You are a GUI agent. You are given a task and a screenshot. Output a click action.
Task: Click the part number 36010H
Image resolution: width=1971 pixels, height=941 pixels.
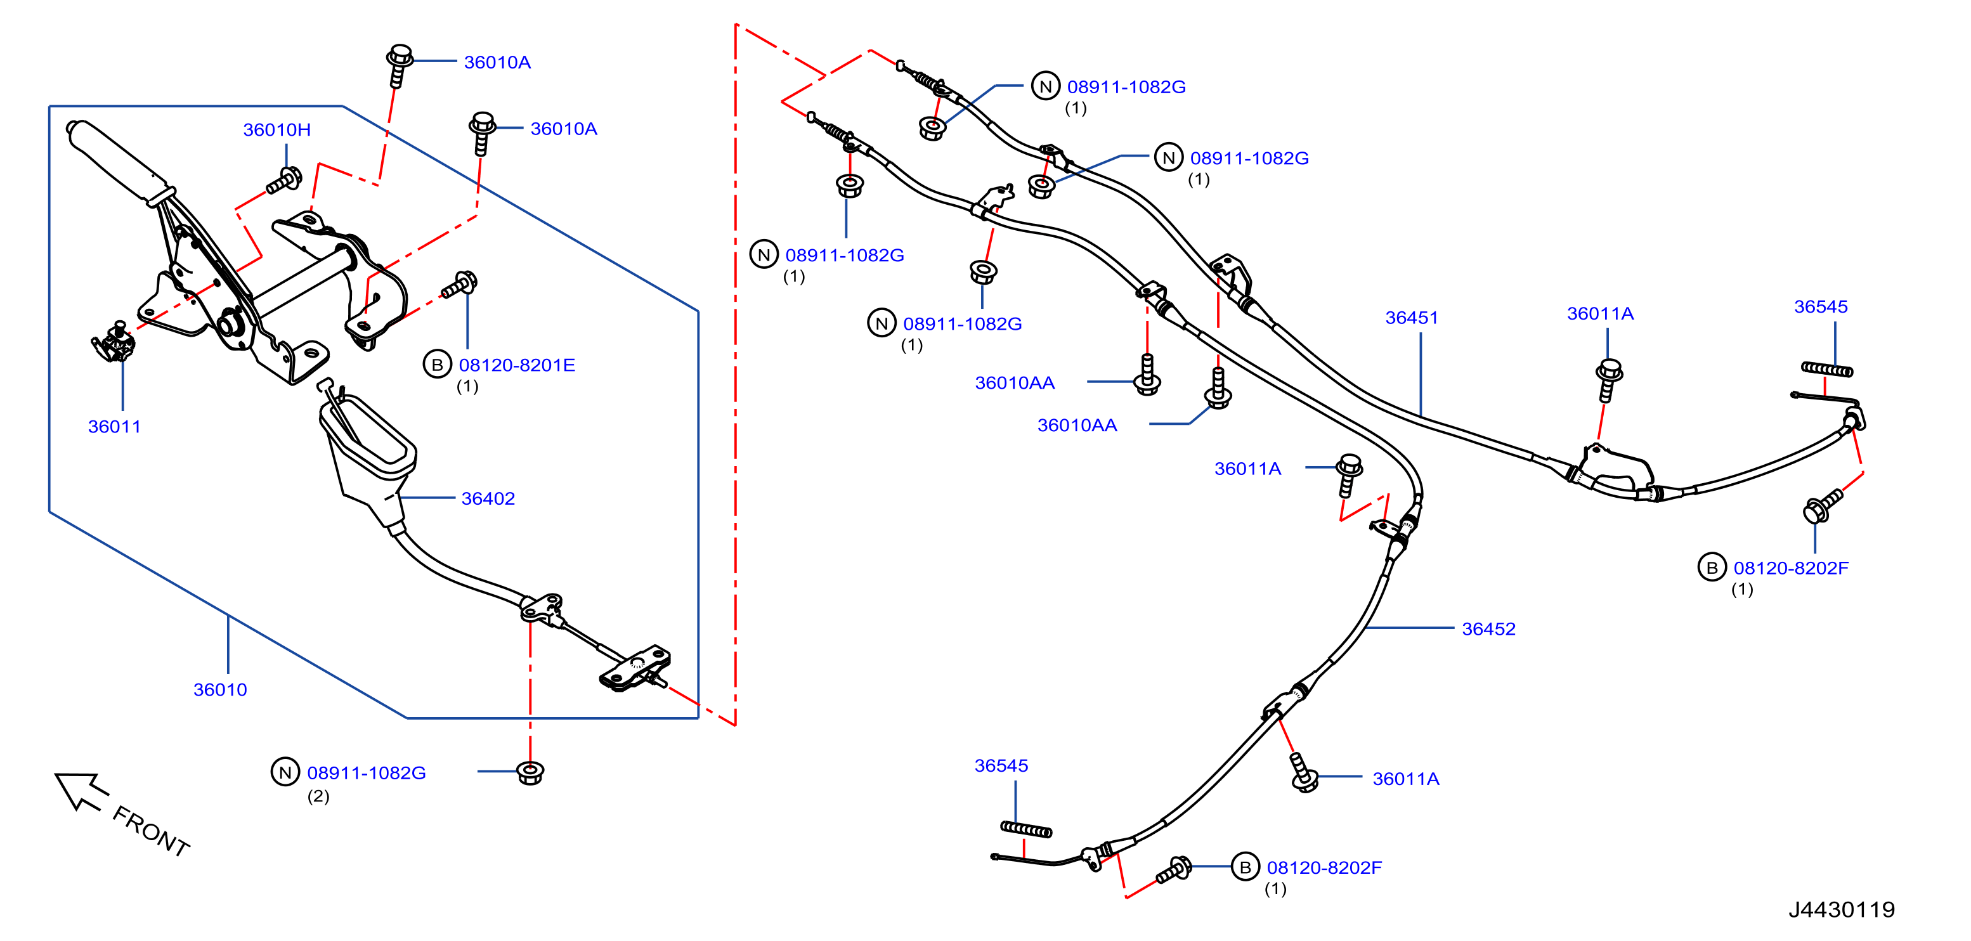(276, 130)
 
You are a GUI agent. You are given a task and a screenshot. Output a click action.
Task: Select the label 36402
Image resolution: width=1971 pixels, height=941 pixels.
(488, 499)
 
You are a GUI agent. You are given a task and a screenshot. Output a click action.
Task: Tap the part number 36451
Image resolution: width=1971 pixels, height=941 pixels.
(1411, 318)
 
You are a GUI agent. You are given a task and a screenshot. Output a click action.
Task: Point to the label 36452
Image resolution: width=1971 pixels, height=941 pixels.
(1488, 629)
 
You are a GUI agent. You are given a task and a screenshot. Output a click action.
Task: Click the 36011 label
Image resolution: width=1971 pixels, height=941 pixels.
(114, 427)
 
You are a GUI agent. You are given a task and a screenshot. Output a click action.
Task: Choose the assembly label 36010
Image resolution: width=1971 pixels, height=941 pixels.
(219, 690)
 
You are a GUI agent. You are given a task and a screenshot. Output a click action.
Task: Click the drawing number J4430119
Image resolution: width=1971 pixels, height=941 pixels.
(1841, 910)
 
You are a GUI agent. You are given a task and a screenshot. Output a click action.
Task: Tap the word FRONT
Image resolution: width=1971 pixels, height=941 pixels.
(151, 831)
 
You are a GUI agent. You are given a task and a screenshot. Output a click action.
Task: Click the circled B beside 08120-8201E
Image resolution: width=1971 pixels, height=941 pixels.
(437, 365)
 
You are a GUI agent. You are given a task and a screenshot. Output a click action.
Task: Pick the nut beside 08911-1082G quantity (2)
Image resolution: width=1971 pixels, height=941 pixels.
(530, 773)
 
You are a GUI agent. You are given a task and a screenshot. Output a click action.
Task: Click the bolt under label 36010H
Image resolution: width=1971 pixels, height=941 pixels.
(284, 181)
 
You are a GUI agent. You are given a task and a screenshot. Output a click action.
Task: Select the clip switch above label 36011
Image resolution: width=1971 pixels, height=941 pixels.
(114, 341)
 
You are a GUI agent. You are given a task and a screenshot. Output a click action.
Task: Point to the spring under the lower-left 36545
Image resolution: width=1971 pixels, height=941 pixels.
(1026, 829)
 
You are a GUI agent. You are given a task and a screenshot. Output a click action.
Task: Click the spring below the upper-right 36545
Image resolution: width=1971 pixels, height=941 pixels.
(1827, 370)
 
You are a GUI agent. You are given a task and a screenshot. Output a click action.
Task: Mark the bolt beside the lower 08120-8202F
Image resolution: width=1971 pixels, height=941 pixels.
(1174, 870)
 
